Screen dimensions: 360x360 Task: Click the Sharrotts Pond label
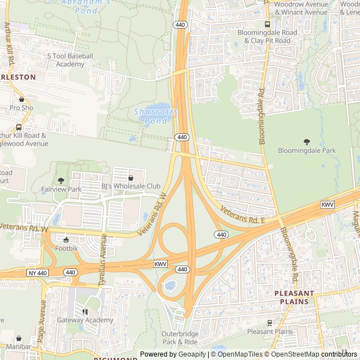point(156,116)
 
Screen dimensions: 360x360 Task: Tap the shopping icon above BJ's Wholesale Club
point(130,178)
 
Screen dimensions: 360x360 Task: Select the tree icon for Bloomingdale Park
point(307,142)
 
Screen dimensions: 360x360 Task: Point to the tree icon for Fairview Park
point(61,181)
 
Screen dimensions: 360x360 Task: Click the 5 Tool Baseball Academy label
point(70,60)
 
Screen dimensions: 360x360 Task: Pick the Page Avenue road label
point(43,321)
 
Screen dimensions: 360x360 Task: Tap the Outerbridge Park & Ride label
point(180,337)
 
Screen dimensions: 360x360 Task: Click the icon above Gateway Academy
point(85,312)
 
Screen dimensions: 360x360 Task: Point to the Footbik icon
point(66,240)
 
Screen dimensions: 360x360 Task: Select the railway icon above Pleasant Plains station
point(269,323)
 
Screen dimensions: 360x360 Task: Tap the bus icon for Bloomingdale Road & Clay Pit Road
point(267,24)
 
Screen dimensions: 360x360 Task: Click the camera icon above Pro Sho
point(21,99)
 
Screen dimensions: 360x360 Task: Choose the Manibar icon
point(20,339)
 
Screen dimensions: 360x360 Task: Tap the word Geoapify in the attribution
point(191,354)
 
